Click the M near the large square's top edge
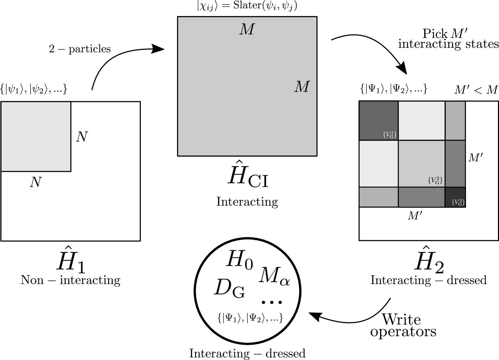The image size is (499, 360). pyautogui.click(x=247, y=30)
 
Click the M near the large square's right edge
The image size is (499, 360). pyautogui.click(x=302, y=87)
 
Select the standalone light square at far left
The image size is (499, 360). pyautogui.click(x=36, y=137)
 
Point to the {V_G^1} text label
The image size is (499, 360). pyautogui.click(x=390, y=135)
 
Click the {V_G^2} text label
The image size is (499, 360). pyautogui.click(x=435, y=180)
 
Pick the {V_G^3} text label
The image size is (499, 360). pyautogui.click(x=458, y=202)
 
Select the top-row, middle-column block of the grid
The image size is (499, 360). pyautogui.click(x=421, y=120)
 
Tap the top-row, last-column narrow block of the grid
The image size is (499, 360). pyautogui.click(x=455, y=120)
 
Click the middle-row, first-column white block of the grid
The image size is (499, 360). pyautogui.click(x=379, y=164)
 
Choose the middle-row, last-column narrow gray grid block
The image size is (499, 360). pyautogui.click(x=455, y=164)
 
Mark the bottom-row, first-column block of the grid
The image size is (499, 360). pyautogui.click(x=379, y=197)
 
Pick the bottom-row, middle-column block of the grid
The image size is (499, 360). pyautogui.click(x=421, y=197)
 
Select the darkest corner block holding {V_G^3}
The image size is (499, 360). pyautogui.click(x=453, y=193)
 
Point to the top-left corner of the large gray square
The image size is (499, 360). pyautogui.click(x=178, y=18)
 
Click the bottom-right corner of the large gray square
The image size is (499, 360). pyautogui.click(x=316, y=155)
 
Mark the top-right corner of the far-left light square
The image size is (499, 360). pyautogui.click(x=70, y=103)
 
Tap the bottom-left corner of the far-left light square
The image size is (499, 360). pyautogui.click(x=2, y=171)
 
